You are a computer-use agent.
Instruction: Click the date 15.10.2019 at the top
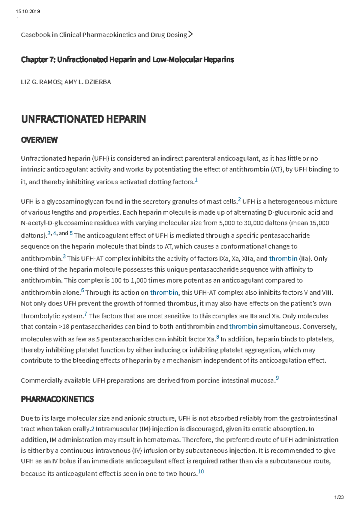coord(28,11)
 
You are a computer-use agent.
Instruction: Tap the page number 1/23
coord(339,497)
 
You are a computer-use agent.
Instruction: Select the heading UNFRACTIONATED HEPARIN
coord(83,119)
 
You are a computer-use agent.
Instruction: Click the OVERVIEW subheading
coord(39,140)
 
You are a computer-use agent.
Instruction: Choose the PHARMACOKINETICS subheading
coord(57,399)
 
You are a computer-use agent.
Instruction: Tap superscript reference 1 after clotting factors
coord(196,180)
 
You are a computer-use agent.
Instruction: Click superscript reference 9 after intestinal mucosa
coord(277,378)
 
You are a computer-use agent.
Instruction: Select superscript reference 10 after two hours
coord(201,472)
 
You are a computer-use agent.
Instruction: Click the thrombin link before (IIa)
coord(283,258)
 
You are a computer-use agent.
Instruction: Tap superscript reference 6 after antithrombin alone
coord(82,290)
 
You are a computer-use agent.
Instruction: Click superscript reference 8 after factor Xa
coord(217,337)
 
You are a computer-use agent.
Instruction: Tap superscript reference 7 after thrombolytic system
coord(86,314)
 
